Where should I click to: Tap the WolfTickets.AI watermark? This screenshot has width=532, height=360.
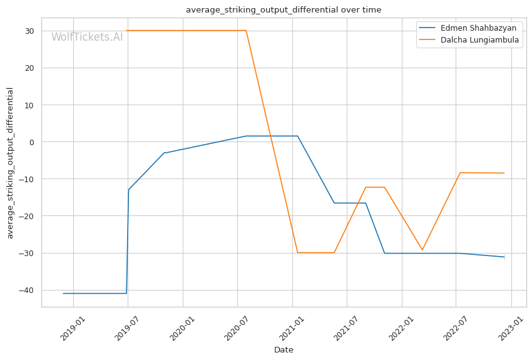87,38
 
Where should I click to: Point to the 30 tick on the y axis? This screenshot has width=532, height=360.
29,31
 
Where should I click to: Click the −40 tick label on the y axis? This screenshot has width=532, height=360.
27,291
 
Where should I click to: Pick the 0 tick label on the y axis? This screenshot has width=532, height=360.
32,142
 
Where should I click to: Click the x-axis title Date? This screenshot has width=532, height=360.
284,350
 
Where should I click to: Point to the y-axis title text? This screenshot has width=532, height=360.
11,163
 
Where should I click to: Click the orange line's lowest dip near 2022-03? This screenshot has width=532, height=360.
422,250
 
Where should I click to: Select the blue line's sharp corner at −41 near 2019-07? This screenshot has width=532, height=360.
126,293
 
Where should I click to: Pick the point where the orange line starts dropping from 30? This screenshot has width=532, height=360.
246,31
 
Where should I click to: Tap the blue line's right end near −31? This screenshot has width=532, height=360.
504,257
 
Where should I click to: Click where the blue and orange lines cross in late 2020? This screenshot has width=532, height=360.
270,136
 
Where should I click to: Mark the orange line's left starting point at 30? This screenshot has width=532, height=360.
126,31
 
